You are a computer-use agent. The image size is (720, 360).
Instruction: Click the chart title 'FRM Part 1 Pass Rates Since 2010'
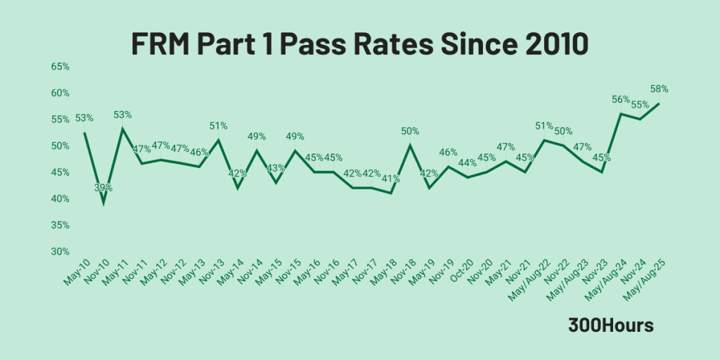tap(359, 44)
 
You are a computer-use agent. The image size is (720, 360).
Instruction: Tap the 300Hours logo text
tap(611, 326)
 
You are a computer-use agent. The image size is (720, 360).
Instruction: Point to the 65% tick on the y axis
tap(60, 67)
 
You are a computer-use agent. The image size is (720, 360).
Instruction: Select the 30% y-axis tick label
tap(60, 252)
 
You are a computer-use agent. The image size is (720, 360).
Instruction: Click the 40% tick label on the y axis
tap(60, 199)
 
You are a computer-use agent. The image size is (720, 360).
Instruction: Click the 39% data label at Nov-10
tap(104, 188)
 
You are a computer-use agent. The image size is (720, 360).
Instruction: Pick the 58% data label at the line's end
tap(659, 89)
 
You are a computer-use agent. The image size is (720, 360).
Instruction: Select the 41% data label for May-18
tap(391, 179)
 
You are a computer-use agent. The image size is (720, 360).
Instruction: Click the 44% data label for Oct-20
tap(468, 163)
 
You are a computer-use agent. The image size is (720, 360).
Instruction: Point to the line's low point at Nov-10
tap(104, 204)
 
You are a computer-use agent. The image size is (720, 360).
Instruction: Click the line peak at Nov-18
tap(410, 146)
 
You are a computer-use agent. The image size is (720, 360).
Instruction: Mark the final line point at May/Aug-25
tap(659, 103)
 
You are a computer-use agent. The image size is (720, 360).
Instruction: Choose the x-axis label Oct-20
tap(458, 271)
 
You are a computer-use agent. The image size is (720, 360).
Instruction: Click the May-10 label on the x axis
tap(75, 271)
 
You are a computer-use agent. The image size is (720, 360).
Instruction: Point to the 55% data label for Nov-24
tap(640, 105)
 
